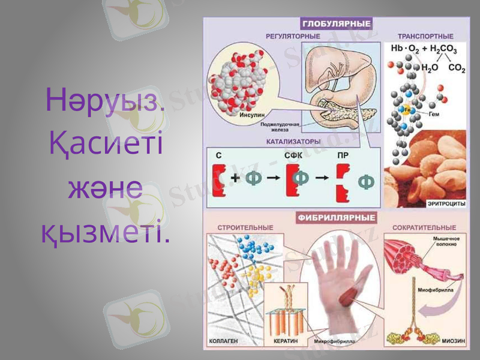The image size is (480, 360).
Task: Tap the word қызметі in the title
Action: point(105,232)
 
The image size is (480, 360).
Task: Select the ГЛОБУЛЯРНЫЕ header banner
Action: point(336,24)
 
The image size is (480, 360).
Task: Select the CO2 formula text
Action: point(456,69)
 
